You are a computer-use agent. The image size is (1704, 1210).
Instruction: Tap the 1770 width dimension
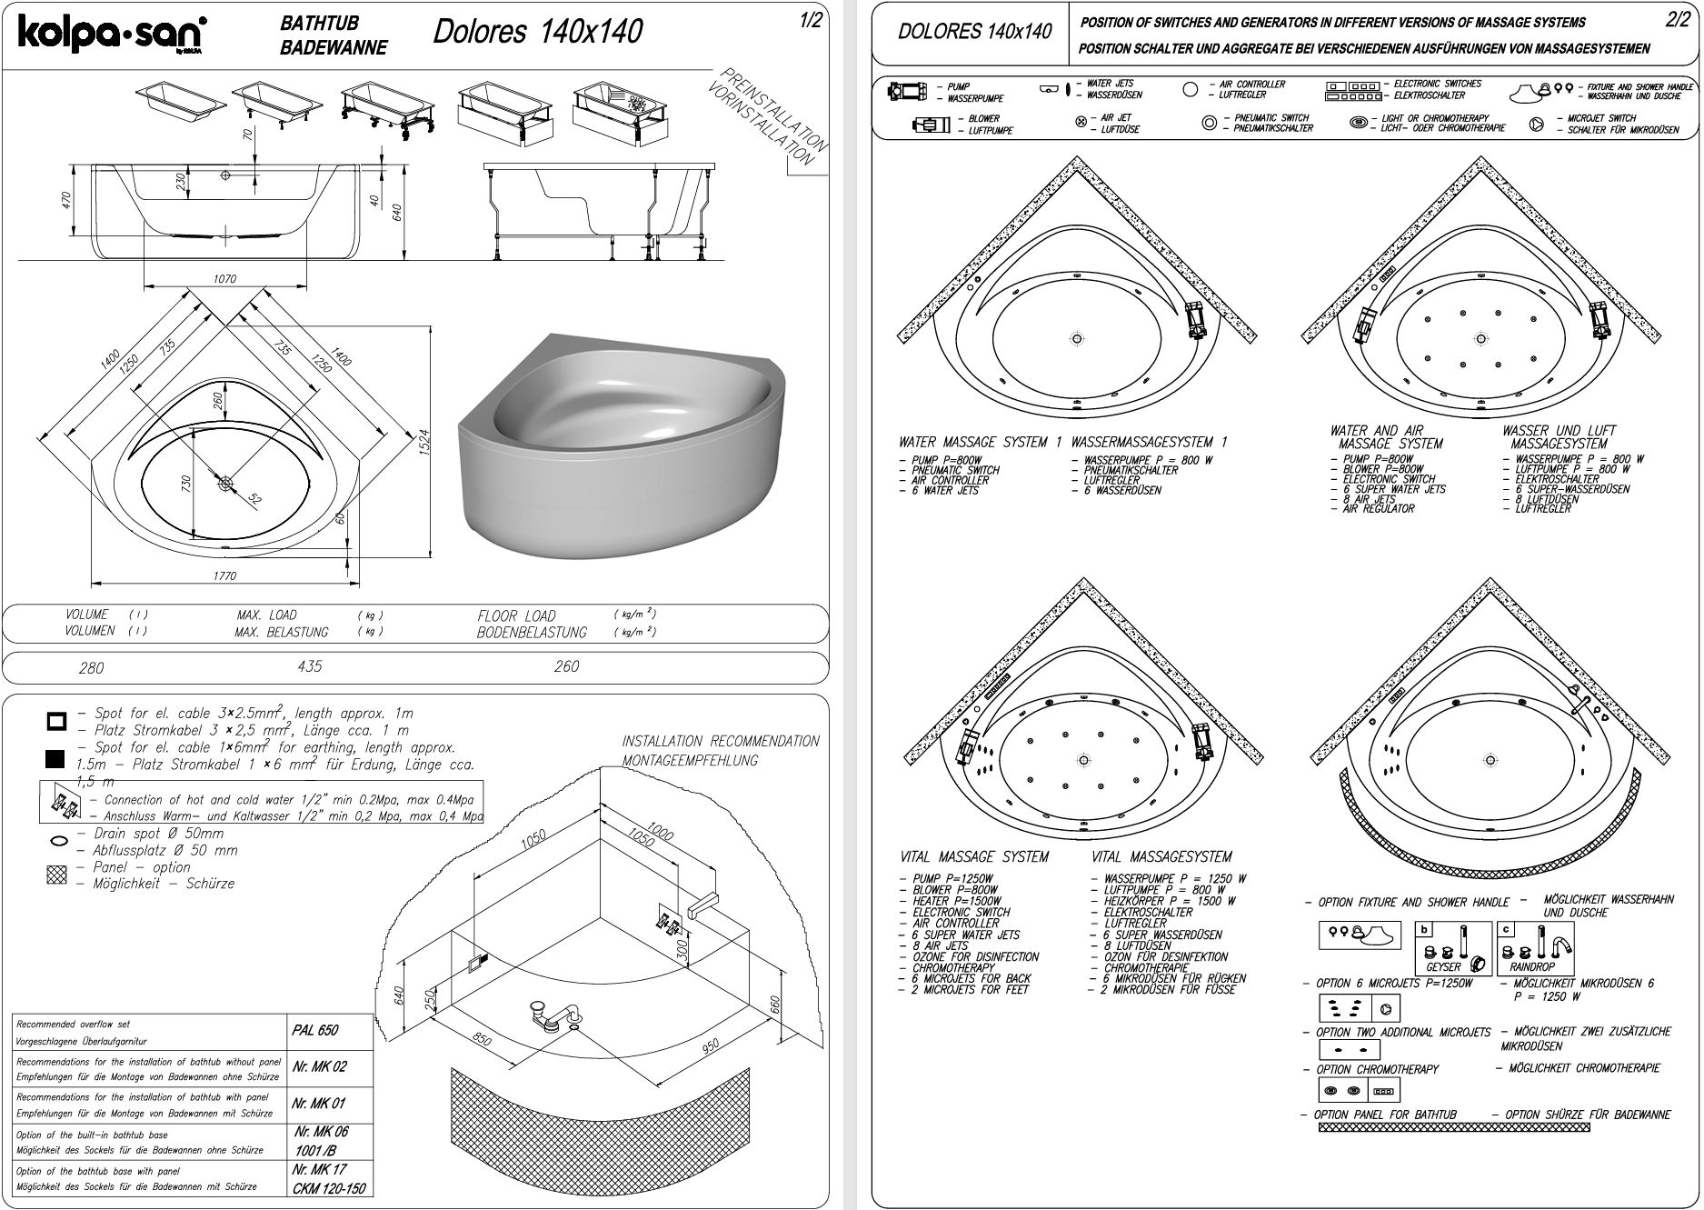[224, 575]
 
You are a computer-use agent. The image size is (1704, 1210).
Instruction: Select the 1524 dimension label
[424, 445]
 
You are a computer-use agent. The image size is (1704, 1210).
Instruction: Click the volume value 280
[91, 668]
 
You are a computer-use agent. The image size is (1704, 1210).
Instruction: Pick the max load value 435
[309, 666]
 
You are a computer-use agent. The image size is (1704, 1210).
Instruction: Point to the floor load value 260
[566, 666]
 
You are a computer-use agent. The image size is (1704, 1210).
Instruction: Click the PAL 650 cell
[315, 1030]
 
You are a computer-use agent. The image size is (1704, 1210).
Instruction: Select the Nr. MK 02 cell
[319, 1066]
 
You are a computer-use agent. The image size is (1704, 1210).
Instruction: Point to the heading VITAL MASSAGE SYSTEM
[973, 857]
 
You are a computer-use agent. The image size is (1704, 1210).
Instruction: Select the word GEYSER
[1443, 967]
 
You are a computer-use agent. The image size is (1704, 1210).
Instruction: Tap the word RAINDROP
[1532, 967]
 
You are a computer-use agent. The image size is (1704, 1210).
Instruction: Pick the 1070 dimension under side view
[224, 279]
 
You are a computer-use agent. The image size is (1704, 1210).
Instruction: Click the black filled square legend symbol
[55, 757]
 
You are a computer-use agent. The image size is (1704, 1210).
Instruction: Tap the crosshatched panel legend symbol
[56, 875]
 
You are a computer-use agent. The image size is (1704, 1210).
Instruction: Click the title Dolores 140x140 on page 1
[537, 32]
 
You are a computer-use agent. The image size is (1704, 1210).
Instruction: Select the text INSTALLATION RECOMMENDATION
[720, 741]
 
